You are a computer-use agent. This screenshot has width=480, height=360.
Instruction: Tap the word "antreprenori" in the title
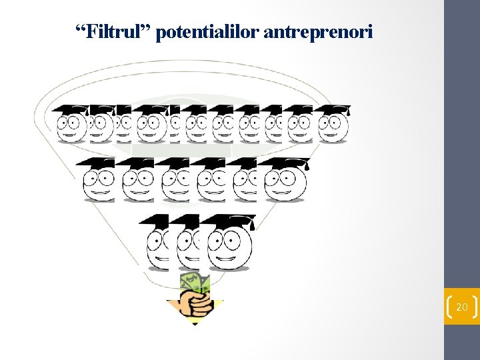click(318, 31)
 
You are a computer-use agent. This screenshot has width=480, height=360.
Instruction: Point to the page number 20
click(461, 307)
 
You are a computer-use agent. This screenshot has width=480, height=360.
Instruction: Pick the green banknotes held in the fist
click(195, 282)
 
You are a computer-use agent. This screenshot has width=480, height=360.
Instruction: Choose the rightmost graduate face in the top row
click(333, 127)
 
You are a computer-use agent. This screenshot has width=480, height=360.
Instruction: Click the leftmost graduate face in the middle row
click(98, 181)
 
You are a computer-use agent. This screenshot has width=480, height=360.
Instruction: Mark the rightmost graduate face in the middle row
click(285, 181)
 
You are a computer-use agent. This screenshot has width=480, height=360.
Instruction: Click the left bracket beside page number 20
click(448, 307)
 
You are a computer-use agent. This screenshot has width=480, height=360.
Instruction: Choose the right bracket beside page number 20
click(475, 307)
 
